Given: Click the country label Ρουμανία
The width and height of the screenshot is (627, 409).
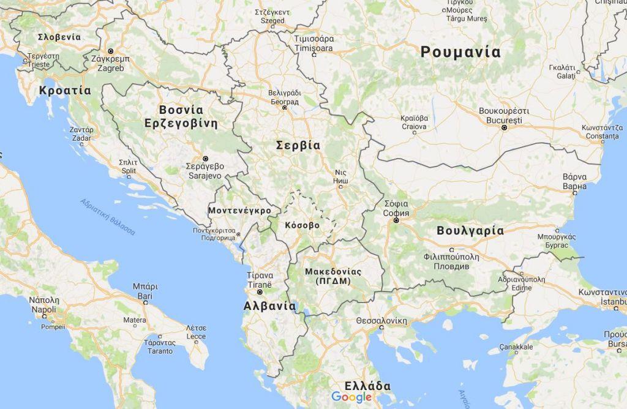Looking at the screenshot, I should [x=460, y=53].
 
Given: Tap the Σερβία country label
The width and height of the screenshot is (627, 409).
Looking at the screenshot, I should [x=298, y=146].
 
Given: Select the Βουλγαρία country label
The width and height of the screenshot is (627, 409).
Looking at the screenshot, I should [x=470, y=231].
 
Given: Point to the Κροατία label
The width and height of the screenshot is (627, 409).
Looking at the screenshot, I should [x=64, y=91].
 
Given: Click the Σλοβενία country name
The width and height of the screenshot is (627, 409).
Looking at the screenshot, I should [x=59, y=37].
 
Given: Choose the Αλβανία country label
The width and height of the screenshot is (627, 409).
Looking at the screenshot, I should [x=269, y=306].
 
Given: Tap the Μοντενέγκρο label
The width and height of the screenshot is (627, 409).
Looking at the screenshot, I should [x=239, y=210].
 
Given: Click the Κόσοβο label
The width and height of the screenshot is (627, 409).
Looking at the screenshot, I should [x=302, y=225].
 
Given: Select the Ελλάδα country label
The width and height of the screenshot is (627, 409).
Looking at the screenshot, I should [x=367, y=386].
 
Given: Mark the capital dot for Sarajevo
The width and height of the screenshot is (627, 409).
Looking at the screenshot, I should [x=205, y=158].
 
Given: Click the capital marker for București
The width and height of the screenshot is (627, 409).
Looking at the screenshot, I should [x=504, y=128].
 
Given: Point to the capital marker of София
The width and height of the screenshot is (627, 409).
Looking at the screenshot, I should [x=396, y=220].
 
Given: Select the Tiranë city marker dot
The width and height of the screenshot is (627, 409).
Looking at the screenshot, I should [x=260, y=292].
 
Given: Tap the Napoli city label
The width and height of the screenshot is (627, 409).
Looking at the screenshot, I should [x=44, y=305].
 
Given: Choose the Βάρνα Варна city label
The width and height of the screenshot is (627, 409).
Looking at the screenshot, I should [x=574, y=181].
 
